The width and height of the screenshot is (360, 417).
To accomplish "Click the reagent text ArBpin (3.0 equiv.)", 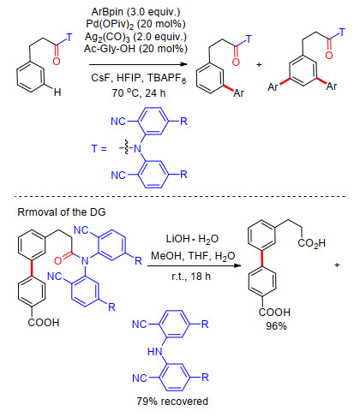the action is [x=135, y=12].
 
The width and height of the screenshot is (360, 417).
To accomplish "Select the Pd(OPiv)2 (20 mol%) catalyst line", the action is [x=135, y=25].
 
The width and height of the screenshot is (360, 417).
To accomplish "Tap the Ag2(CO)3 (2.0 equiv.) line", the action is [x=135, y=37].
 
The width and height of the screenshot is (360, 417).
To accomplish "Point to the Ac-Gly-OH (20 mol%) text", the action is [x=135, y=49].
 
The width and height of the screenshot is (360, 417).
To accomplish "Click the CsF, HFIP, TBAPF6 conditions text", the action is [x=139, y=78].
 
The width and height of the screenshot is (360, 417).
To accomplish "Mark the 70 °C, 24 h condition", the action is [x=139, y=92].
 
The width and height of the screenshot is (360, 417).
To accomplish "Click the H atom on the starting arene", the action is [x=57, y=92].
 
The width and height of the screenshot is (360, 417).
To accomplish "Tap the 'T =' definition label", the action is [x=99, y=149].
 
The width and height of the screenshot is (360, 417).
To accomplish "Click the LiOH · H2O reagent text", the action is [x=192, y=239].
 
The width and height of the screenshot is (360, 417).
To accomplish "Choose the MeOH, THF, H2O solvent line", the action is [x=193, y=256].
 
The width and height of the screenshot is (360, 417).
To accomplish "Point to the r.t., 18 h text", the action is [x=191, y=277].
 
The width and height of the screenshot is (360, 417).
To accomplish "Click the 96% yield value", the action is [x=276, y=325].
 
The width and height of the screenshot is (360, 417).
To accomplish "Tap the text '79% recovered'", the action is [x=172, y=402].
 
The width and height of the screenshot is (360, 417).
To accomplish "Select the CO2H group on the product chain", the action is [x=311, y=243].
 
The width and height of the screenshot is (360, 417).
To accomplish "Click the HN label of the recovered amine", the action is [x=155, y=351].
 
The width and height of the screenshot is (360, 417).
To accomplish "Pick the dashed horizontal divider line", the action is [x=180, y=196].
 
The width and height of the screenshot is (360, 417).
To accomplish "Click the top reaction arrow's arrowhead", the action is [x=184, y=64].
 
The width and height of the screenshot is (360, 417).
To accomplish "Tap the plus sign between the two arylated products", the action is [x=259, y=65].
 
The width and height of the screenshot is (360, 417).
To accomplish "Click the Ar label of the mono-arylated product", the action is [x=239, y=93].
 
